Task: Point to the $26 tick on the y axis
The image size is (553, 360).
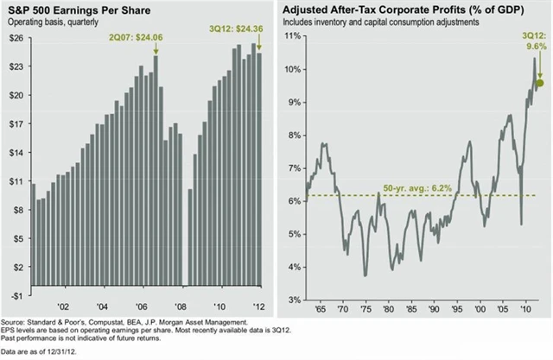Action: click(x=15, y=39)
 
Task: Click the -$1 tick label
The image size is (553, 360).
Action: click(x=15, y=295)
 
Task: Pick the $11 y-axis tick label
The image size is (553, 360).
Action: click(x=15, y=181)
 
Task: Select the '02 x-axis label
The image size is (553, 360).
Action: click(x=63, y=306)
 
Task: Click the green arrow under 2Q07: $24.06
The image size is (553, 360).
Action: click(x=156, y=49)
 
